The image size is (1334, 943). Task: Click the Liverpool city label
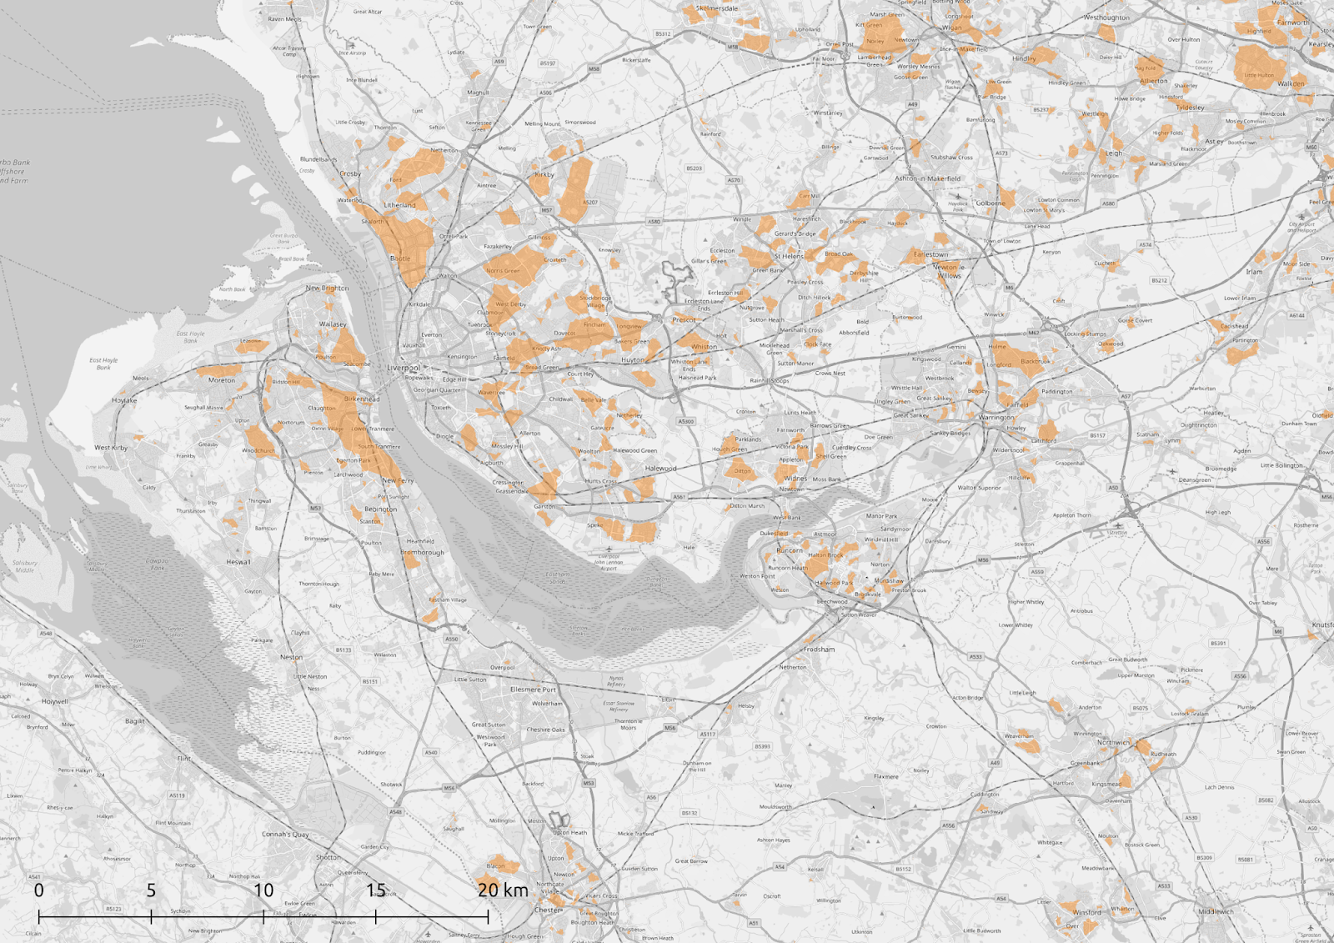[x=404, y=368]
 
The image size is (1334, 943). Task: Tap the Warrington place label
[x=996, y=417]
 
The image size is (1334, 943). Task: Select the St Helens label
[x=789, y=256]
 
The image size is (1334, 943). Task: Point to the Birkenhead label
[x=362, y=399]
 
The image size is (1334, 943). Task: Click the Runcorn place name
[x=790, y=550]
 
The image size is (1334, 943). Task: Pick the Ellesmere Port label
[x=533, y=690]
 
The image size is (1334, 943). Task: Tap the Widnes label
[x=795, y=479]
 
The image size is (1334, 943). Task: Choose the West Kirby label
[x=111, y=448]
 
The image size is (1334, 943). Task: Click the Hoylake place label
[x=124, y=400]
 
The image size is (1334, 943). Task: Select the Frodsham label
[x=819, y=649]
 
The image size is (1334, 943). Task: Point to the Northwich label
[x=1113, y=742]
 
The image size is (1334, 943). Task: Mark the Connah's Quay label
[x=285, y=834]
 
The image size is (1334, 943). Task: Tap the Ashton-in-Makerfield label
[x=927, y=178]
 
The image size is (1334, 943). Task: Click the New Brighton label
[x=327, y=288]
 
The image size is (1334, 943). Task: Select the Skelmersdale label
[x=717, y=8]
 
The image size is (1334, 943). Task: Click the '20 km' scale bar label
[x=503, y=890]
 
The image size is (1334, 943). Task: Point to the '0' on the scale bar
[x=39, y=890]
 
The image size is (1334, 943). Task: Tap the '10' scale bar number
[x=263, y=890]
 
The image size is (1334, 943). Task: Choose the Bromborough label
[x=422, y=552]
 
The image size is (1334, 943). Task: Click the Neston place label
[x=291, y=657]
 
